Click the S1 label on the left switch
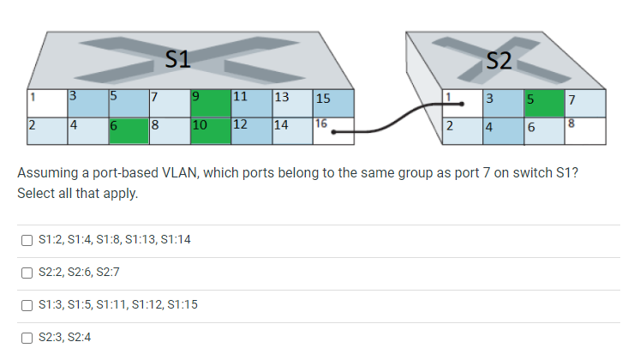click(x=176, y=59)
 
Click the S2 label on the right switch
click(x=498, y=60)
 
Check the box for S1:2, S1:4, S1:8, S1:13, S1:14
click(x=27, y=238)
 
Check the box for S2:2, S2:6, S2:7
click(x=27, y=272)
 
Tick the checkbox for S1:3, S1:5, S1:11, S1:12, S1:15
click(x=27, y=304)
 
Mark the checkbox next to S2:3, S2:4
click(x=27, y=337)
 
